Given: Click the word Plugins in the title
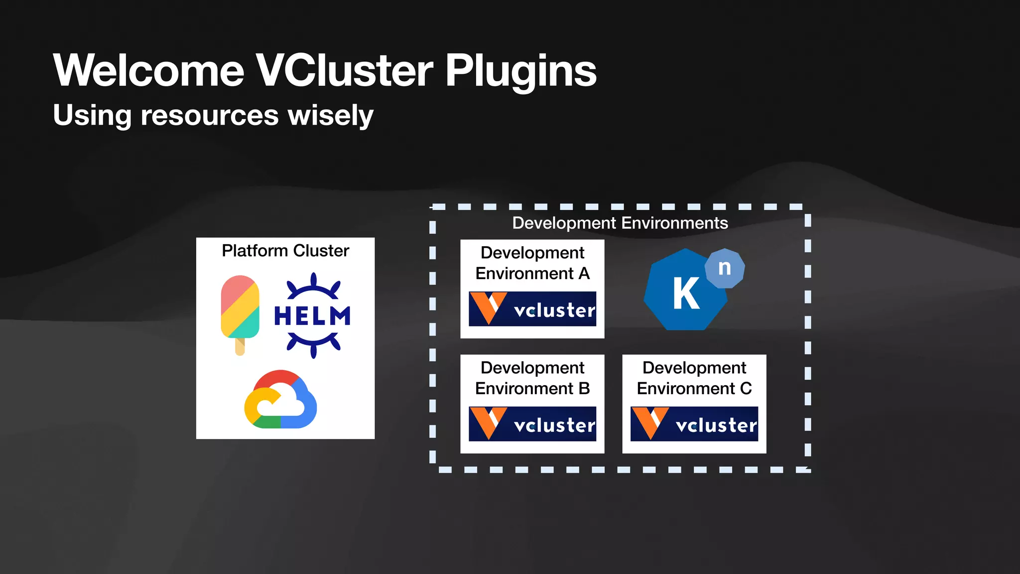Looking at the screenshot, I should [520, 71].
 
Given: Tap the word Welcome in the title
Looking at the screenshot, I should [148, 71].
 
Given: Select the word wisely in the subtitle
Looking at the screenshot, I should [331, 116].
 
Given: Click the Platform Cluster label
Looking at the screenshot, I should [285, 251].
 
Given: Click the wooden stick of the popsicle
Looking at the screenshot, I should [240, 347].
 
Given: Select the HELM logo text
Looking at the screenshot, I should [312, 316].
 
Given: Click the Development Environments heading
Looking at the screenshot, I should [620, 223].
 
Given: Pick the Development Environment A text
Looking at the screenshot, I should [532, 263].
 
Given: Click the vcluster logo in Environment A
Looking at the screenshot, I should [532, 309].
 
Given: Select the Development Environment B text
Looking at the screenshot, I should [532, 378].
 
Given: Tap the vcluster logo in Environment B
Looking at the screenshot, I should [532, 424].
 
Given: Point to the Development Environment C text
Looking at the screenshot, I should [694, 378].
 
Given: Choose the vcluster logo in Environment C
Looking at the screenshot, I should [694, 424].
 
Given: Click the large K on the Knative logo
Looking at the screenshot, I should [686, 294].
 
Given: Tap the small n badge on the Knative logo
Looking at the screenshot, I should [725, 268].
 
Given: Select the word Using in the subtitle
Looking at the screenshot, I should [92, 116].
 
